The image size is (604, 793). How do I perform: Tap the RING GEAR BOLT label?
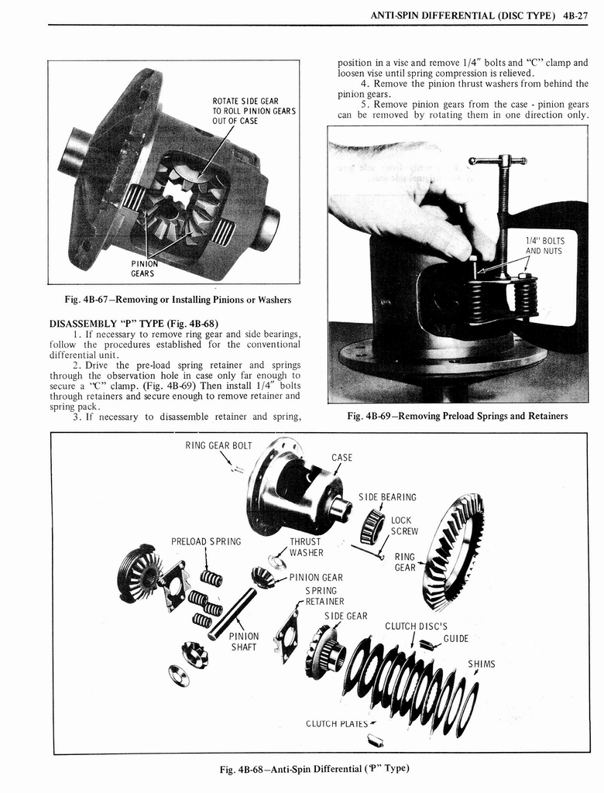[218, 445]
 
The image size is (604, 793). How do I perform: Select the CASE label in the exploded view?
[342, 457]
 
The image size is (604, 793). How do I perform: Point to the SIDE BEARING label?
[387, 497]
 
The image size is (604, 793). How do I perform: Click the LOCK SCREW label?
[404, 526]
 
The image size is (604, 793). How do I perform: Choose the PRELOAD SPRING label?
[206, 541]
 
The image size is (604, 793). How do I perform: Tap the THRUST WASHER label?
[306, 548]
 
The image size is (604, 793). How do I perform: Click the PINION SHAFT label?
[244, 642]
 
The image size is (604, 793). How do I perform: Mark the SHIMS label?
[481, 664]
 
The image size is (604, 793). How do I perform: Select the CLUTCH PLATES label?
[337, 724]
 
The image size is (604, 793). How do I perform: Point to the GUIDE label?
[456, 639]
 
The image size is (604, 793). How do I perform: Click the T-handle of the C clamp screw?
[498, 161]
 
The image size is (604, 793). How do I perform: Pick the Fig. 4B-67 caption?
[178, 300]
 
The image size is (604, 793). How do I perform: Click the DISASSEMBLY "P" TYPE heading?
[134, 324]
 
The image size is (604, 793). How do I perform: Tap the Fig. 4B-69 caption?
[458, 416]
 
